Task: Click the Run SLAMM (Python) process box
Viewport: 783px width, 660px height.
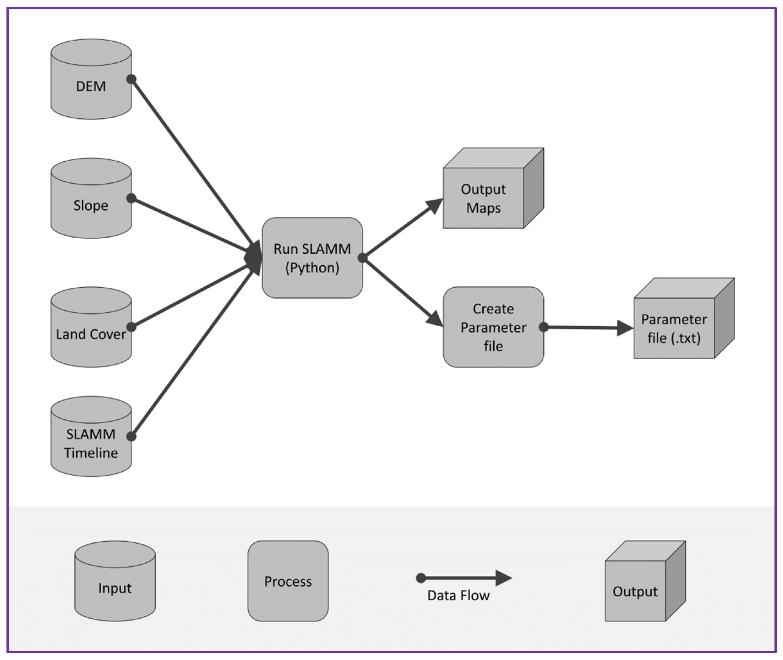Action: tap(312, 258)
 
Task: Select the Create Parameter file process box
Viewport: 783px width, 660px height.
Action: tap(493, 327)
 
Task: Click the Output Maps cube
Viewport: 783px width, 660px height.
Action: tap(483, 198)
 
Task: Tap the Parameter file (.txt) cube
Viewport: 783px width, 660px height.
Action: tap(674, 328)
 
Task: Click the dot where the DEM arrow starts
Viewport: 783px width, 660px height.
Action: tap(131, 79)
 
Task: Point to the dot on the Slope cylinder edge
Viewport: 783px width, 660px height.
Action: tap(131, 198)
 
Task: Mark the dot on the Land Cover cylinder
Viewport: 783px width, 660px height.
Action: tap(131, 327)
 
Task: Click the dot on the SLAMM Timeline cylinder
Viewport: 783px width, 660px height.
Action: tap(131, 436)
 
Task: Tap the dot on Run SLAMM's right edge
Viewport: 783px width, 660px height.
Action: tap(362, 257)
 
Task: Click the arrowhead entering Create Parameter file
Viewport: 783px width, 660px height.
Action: tap(435, 318)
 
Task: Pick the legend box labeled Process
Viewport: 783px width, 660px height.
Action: tap(288, 581)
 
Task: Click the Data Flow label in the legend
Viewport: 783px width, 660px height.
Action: tap(458, 595)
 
